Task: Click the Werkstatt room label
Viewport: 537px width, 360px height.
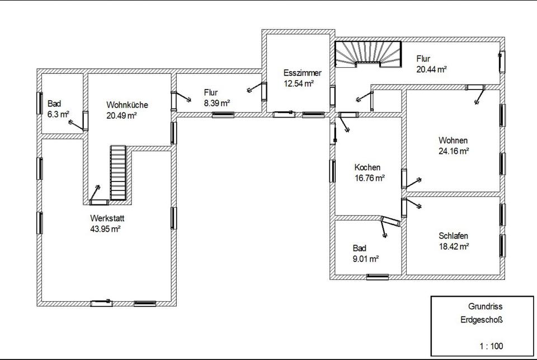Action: (x=107, y=218)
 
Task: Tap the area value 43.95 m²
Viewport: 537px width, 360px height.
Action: (x=105, y=229)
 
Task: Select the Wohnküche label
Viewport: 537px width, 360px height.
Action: (x=127, y=105)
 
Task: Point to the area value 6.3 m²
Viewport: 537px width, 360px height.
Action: (x=58, y=115)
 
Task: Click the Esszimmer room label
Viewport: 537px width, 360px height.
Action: (x=303, y=73)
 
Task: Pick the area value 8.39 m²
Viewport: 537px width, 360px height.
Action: (x=217, y=103)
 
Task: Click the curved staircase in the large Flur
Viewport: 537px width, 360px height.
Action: (x=368, y=55)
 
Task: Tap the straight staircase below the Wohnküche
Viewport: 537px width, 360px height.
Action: (x=118, y=172)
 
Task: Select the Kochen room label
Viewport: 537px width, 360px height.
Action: (x=367, y=167)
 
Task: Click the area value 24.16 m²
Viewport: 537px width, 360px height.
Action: (x=454, y=151)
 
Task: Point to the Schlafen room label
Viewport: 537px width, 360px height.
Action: (x=453, y=236)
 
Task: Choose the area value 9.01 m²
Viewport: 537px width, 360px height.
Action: (x=366, y=259)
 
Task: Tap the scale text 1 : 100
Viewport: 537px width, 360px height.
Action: (x=491, y=347)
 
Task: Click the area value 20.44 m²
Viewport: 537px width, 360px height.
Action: (x=431, y=69)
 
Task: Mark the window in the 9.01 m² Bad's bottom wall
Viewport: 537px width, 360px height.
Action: (x=378, y=277)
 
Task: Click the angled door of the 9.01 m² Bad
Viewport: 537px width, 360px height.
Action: (x=390, y=222)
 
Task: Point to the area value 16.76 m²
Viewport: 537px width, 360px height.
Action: (x=370, y=178)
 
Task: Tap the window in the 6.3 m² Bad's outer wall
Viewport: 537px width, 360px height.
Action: (x=39, y=103)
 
